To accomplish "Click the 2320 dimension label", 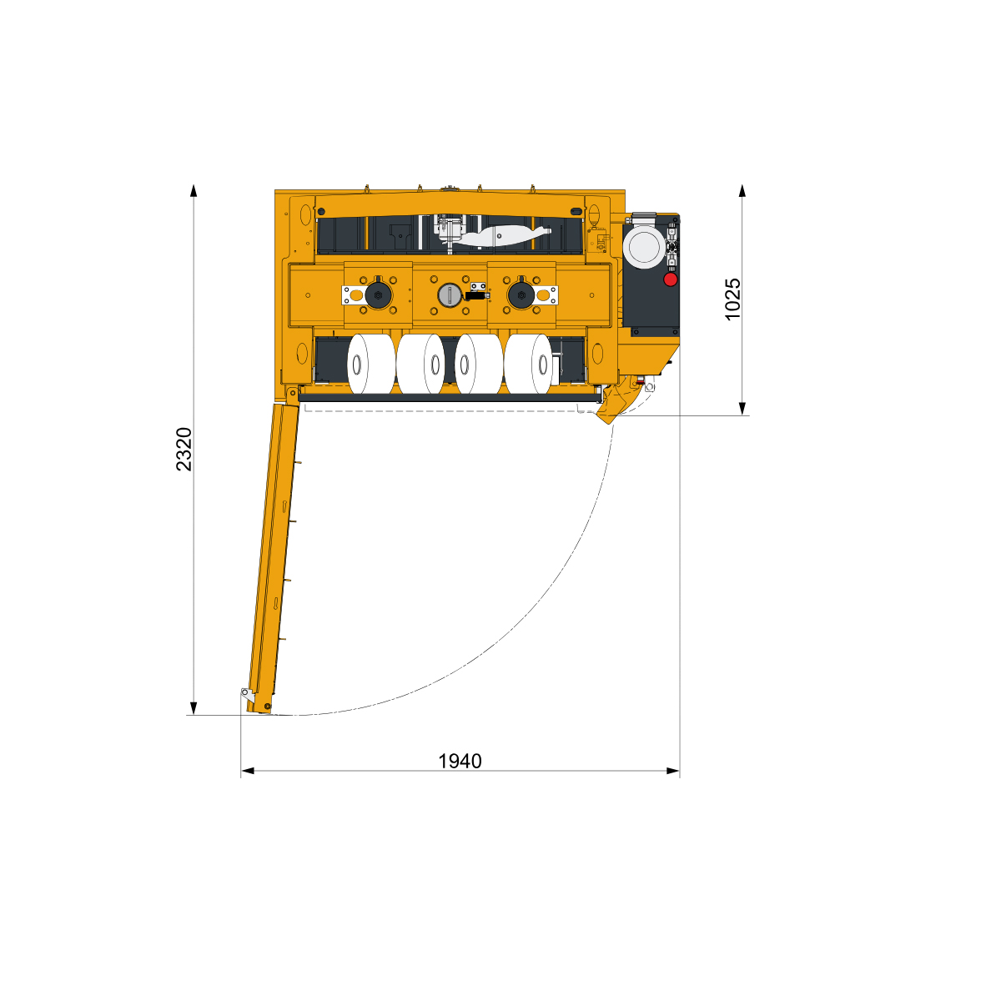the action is click(184, 449).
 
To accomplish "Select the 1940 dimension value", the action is click(460, 761).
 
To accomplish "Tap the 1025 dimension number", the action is click(732, 299).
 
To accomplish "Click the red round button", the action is click(670, 279).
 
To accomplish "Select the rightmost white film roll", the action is click(528, 364).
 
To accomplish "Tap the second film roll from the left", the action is click(420, 364).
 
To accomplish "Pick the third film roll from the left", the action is click(479, 364).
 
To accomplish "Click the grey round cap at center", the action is click(449, 295).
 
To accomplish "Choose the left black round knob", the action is click(378, 295).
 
